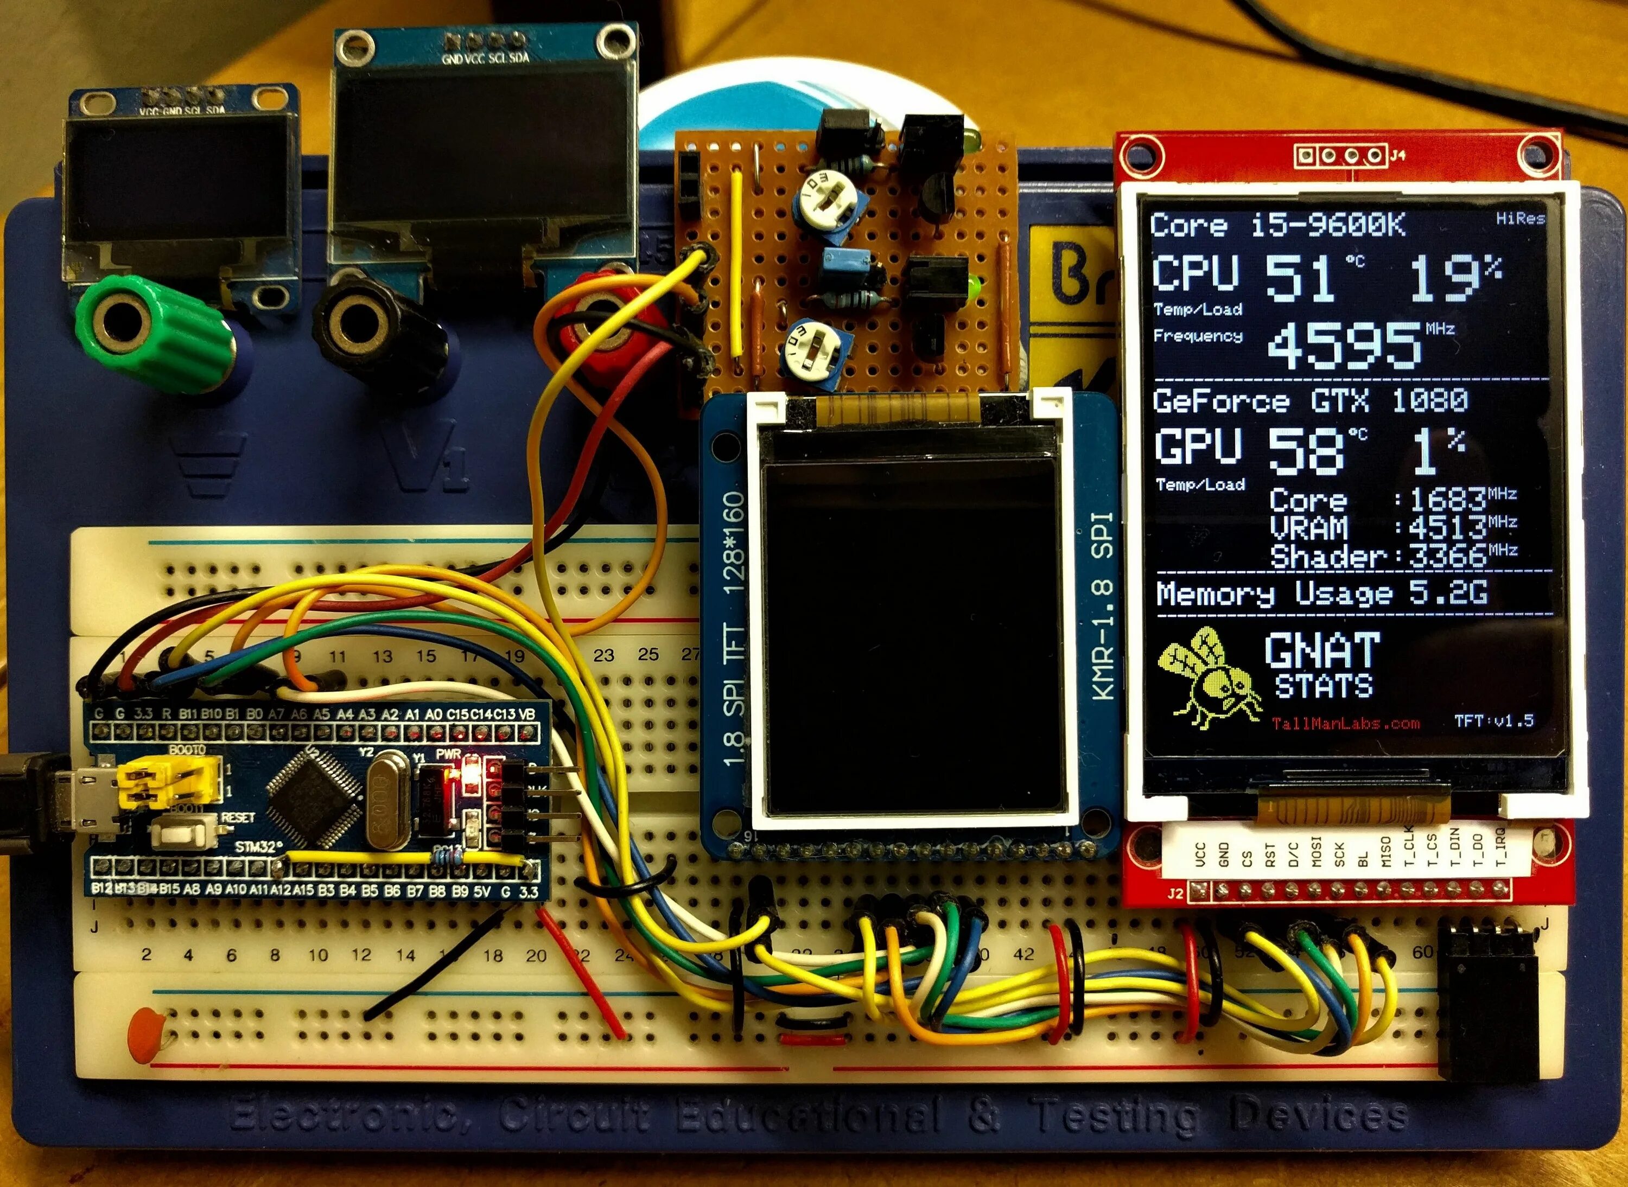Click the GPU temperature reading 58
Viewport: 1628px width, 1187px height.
coord(1306,451)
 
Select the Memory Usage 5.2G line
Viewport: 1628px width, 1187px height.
coord(1321,593)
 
